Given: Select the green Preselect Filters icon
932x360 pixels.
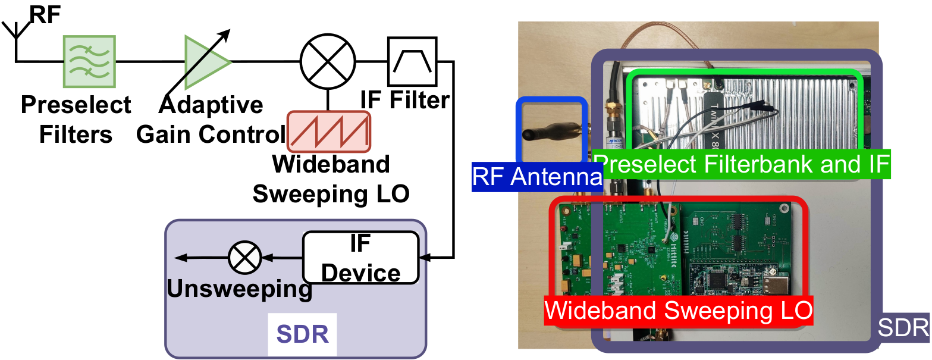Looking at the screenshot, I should [x=89, y=61].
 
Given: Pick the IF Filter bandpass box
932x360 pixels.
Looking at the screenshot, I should [x=412, y=61].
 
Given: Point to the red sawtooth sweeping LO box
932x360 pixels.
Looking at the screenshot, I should [x=329, y=132].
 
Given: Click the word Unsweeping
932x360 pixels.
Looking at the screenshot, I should [x=239, y=289].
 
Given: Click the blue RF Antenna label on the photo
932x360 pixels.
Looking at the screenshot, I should [x=537, y=177].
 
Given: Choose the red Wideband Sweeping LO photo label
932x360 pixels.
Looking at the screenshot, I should [x=679, y=311].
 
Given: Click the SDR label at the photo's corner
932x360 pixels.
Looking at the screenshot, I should [x=903, y=327].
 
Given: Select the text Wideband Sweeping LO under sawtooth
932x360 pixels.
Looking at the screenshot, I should [x=331, y=179].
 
